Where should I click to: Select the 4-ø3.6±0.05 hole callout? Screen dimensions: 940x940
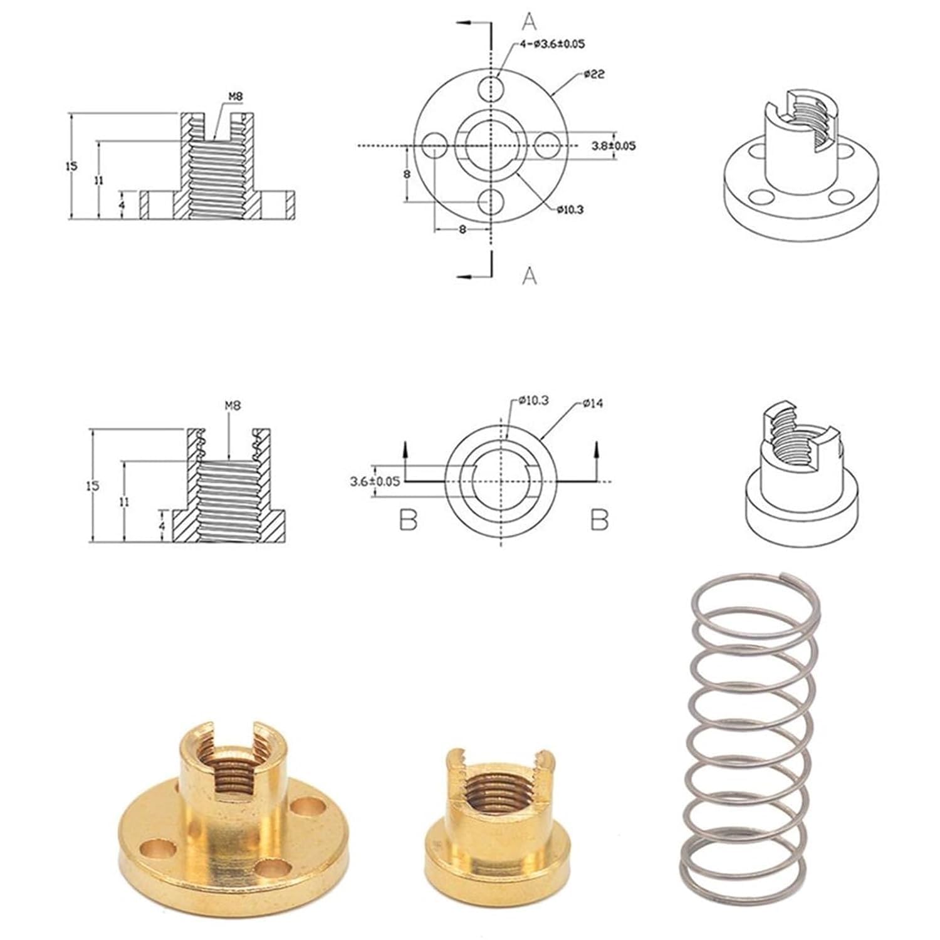(x=551, y=44)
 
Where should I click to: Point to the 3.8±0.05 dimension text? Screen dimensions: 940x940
(x=614, y=145)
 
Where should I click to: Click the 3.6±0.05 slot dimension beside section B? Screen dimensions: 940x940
(x=375, y=481)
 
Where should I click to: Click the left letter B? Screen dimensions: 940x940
(x=408, y=520)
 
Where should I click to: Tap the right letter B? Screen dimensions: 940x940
(x=600, y=520)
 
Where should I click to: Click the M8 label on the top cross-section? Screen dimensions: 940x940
(x=235, y=96)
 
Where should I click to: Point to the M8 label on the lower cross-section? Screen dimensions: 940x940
(x=232, y=405)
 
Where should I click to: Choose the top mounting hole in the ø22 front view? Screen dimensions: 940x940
(x=491, y=88)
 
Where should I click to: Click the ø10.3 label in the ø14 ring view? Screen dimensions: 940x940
(x=533, y=400)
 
